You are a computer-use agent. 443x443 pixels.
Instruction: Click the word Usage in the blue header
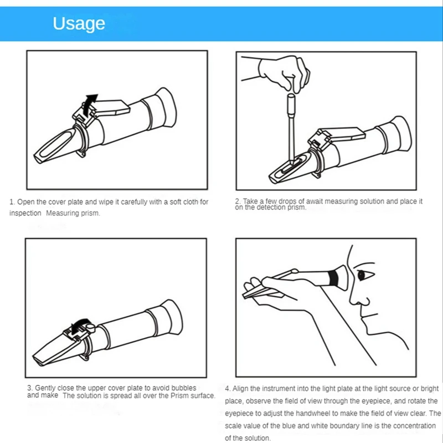(79, 24)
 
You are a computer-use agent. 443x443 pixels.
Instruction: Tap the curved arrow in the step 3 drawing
(80, 326)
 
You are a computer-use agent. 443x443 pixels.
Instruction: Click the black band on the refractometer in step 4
(334, 278)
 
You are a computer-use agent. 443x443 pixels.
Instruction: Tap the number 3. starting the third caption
(30, 388)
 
